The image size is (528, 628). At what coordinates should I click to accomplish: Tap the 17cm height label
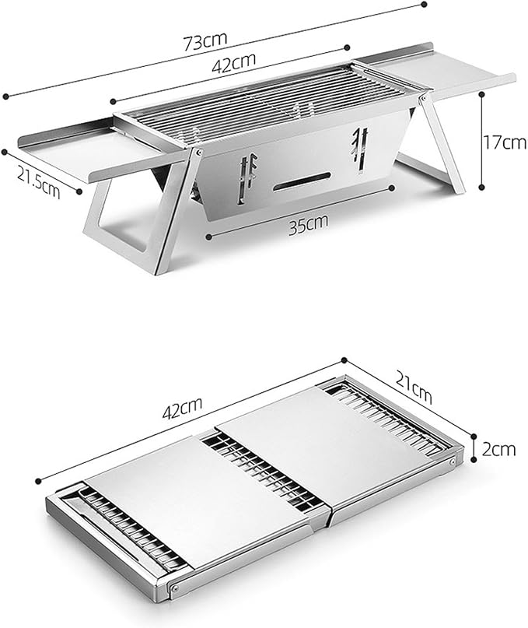(x=505, y=142)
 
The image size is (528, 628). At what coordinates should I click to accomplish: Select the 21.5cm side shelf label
(x=38, y=182)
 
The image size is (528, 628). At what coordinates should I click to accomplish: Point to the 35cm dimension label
(x=308, y=224)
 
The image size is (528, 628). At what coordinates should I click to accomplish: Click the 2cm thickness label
(x=498, y=449)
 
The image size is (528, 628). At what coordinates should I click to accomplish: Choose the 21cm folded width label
(x=414, y=387)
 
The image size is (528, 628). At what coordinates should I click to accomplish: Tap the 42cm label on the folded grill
(x=182, y=408)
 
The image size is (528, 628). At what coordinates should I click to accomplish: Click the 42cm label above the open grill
(x=234, y=63)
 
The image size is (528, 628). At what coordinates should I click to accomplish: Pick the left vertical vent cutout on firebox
(x=247, y=177)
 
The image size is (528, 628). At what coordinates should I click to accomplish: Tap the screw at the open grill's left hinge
(x=198, y=153)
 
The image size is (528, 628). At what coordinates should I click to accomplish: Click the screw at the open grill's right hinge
(x=424, y=97)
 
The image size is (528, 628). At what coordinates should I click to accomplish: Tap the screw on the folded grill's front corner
(x=174, y=588)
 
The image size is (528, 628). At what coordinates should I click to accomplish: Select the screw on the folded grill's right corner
(x=453, y=461)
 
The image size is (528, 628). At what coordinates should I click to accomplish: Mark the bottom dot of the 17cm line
(x=482, y=187)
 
